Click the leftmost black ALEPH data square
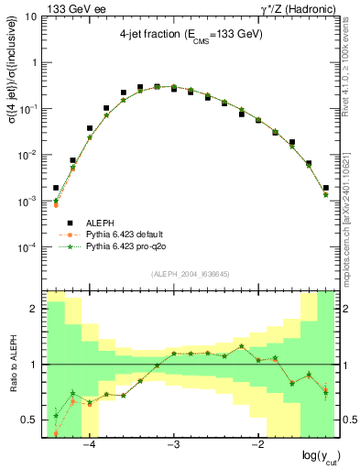point(56,188)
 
